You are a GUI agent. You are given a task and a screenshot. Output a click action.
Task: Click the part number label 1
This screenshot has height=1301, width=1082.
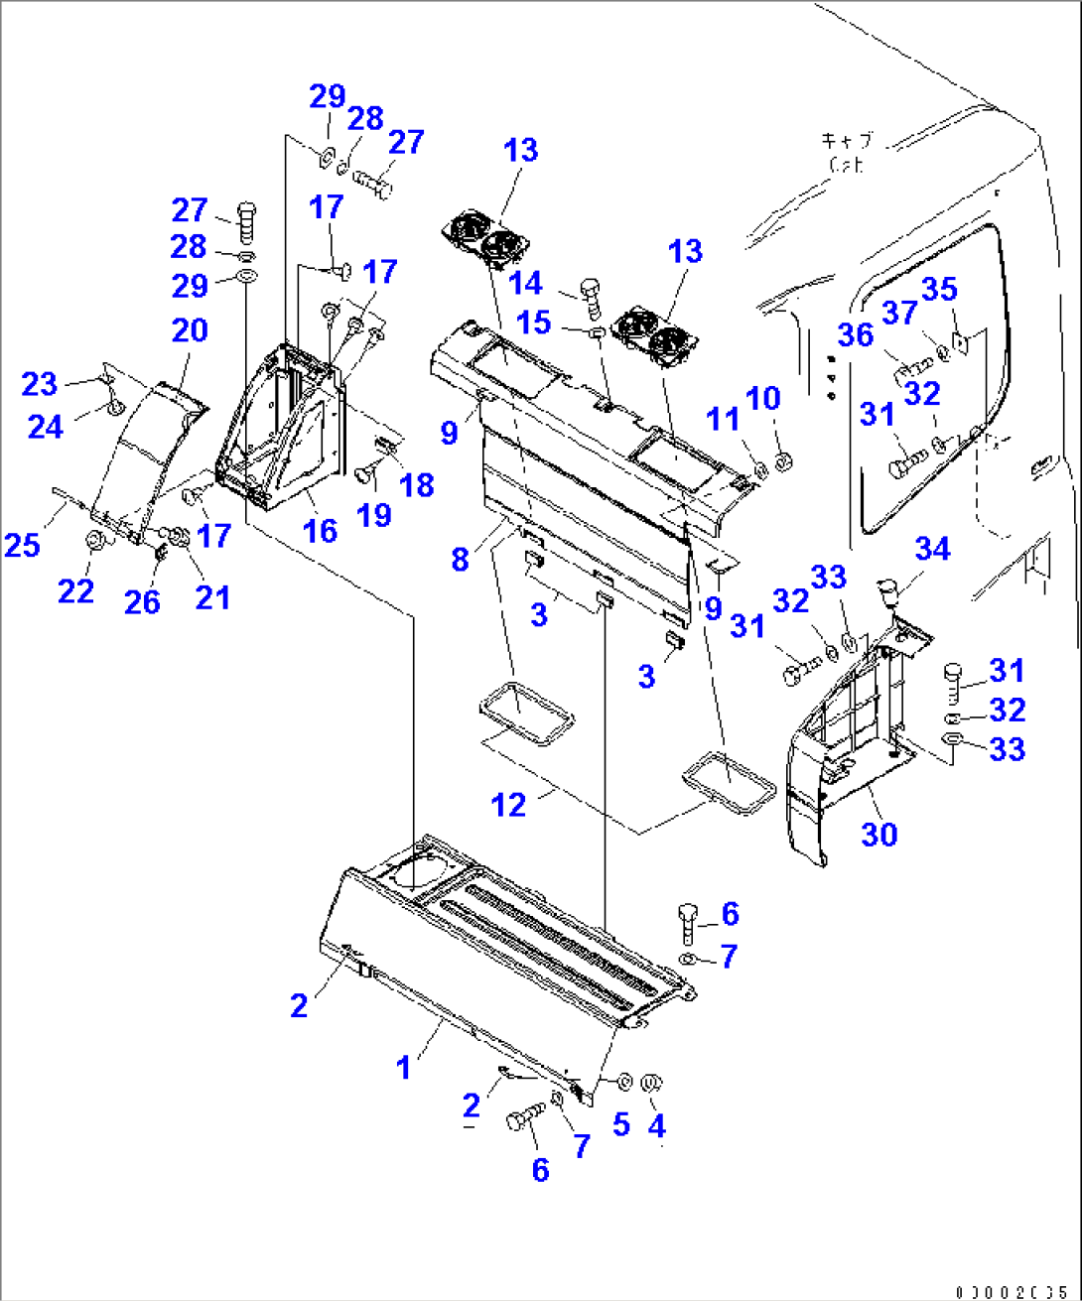click(403, 1068)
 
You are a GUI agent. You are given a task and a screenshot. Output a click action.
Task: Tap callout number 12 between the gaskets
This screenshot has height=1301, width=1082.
click(509, 804)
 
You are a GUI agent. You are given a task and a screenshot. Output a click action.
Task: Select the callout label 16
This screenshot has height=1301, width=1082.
click(320, 530)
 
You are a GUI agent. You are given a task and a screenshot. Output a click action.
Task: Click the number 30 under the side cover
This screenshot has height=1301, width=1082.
click(879, 834)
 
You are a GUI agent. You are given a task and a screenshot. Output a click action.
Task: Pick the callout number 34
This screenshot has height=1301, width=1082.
click(932, 549)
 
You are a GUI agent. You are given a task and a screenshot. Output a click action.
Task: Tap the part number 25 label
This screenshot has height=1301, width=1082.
click(23, 544)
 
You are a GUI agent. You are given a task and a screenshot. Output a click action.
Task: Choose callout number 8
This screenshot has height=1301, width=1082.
click(460, 559)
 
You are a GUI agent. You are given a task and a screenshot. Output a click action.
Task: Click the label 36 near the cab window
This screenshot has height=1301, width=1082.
click(855, 334)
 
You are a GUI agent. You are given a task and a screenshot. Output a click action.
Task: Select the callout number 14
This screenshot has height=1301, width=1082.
click(526, 283)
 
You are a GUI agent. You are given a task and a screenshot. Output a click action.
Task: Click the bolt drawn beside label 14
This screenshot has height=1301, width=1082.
click(590, 294)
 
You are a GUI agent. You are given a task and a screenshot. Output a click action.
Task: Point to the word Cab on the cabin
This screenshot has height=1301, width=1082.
click(846, 165)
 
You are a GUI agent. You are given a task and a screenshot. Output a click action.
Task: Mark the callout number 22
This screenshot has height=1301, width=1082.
click(76, 590)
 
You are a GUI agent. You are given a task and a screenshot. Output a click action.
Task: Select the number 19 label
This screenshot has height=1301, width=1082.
click(374, 514)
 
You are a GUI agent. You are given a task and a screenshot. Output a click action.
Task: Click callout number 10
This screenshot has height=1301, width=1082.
click(763, 398)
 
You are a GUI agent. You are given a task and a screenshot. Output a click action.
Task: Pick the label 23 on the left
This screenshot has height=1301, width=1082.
click(41, 383)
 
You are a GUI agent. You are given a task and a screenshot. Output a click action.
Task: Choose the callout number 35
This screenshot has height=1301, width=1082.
click(939, 289)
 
